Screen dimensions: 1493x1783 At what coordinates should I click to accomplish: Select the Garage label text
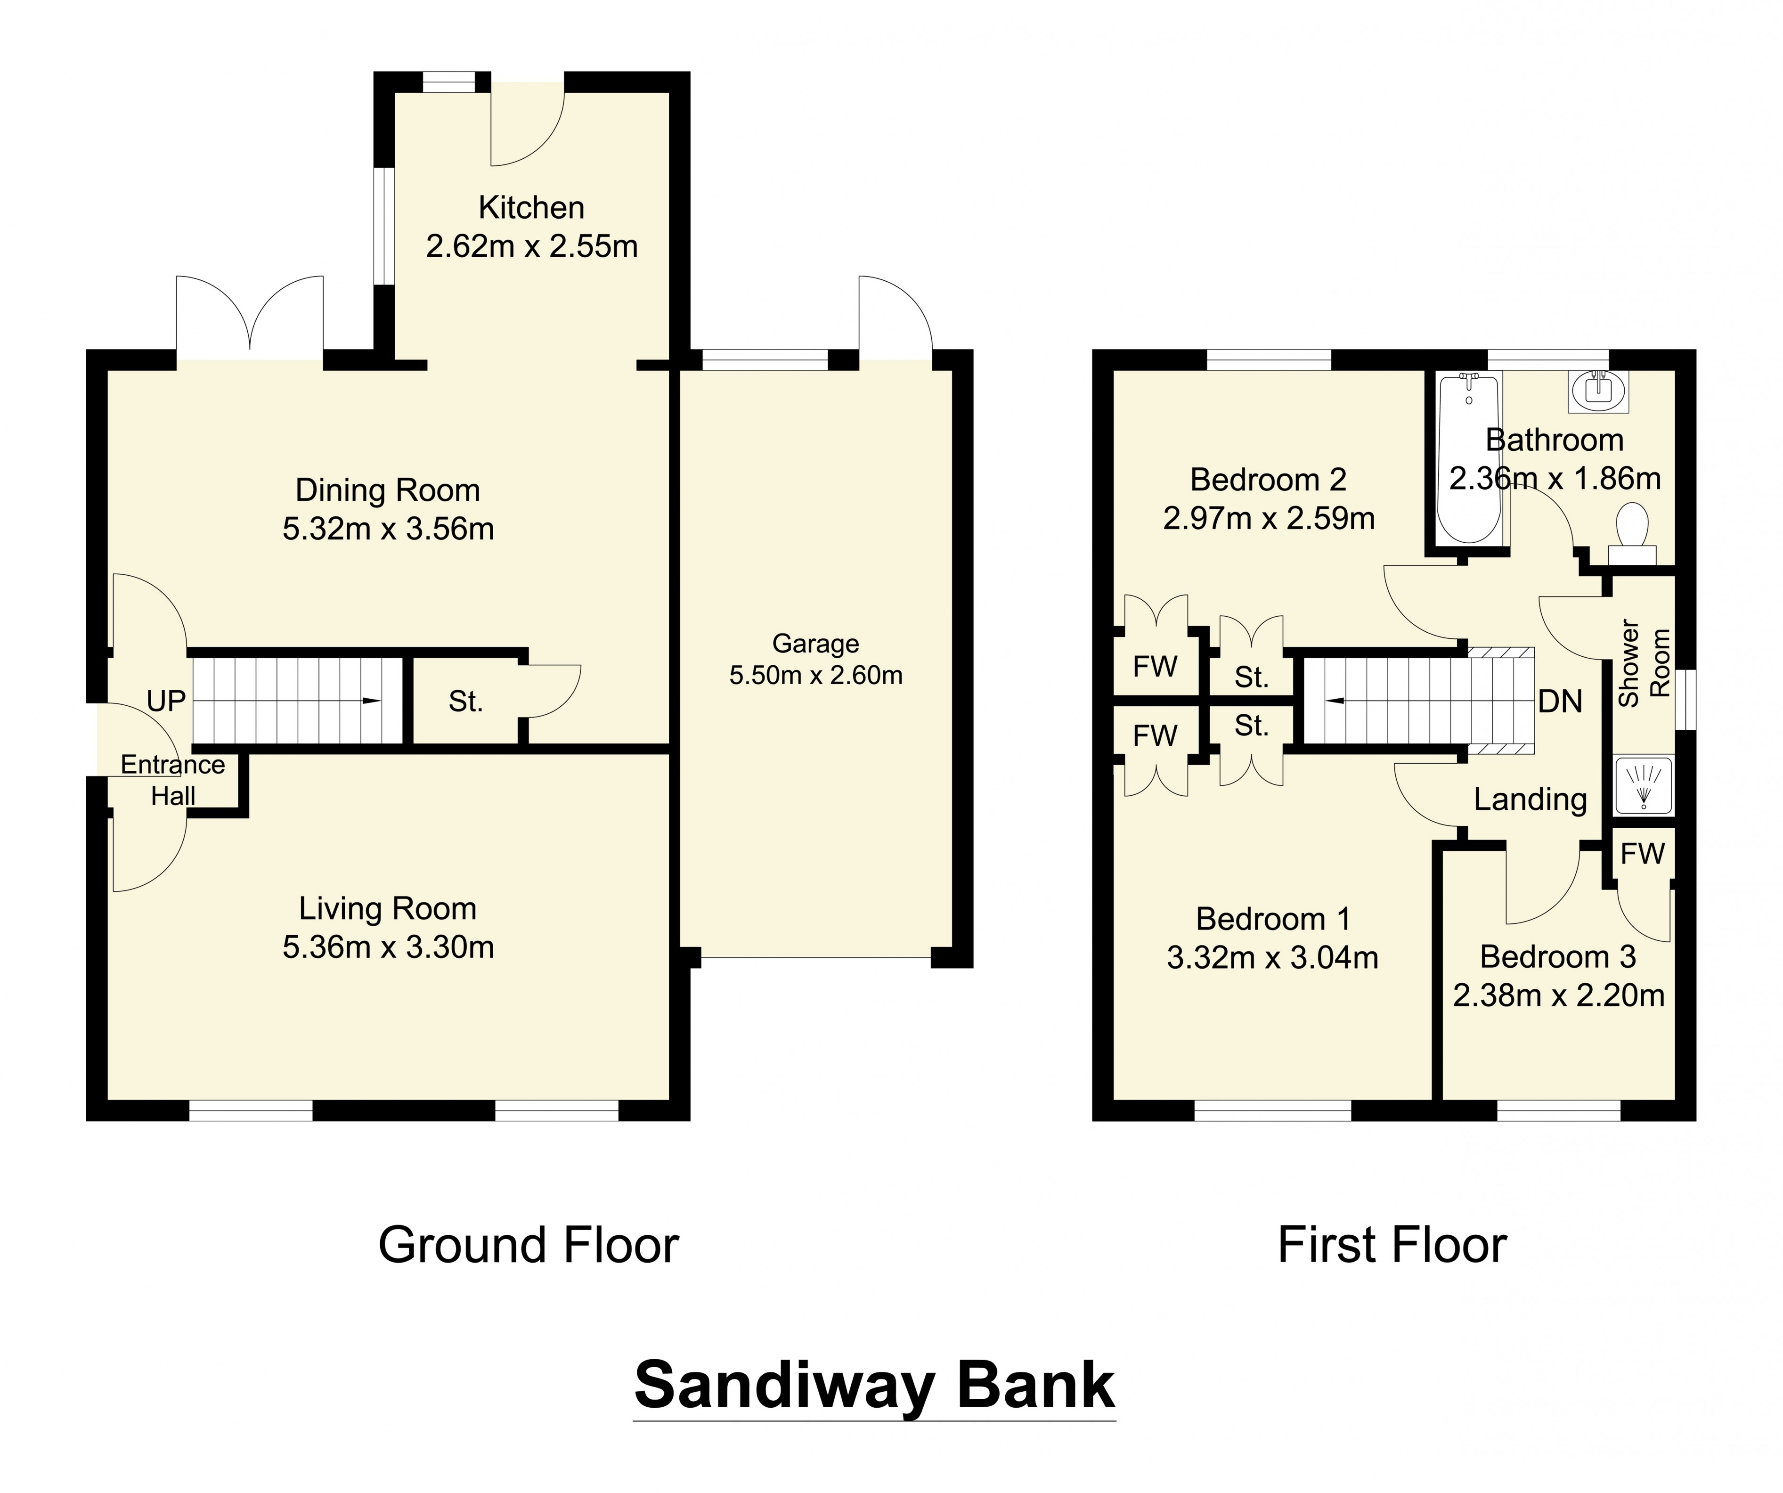click(815, 644)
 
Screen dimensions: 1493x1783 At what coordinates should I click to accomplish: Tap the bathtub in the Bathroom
click(1469, 458)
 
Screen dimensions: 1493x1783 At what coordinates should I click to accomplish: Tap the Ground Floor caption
click(528, 1246)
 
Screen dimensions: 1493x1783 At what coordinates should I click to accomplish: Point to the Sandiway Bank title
click(874, 1386)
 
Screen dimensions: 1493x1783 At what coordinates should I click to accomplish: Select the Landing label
click(1530, 799)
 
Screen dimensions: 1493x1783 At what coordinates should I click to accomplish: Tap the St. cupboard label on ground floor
click(465, 702)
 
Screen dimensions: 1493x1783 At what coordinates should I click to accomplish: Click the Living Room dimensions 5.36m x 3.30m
click(388, 947)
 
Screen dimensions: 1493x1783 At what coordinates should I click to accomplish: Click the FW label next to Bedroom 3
click(1642, 854)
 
